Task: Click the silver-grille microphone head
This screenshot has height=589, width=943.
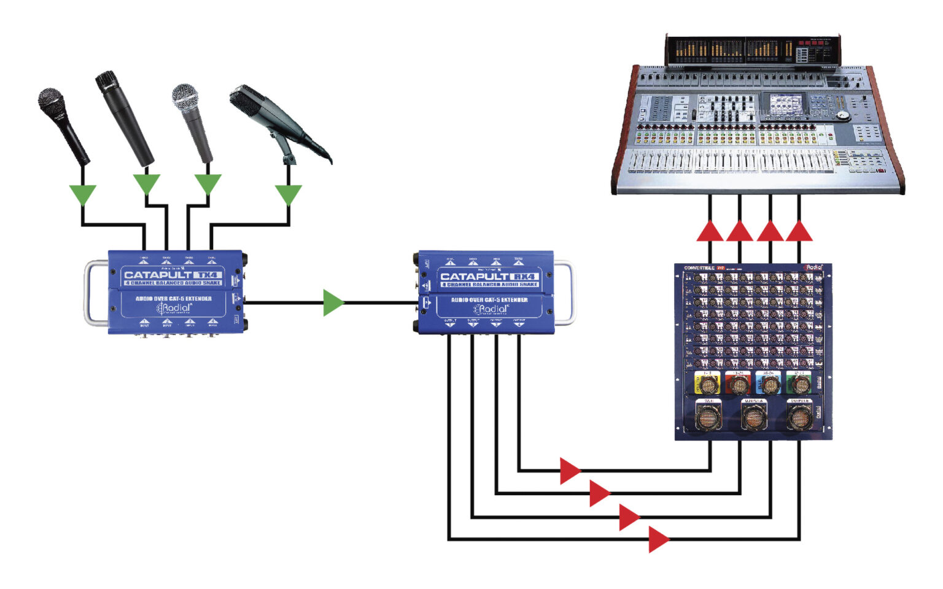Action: (x=185, y=96)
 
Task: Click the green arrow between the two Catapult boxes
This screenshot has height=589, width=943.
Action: (x=333, y=302)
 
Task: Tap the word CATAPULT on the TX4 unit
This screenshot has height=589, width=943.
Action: (x=158, y=274)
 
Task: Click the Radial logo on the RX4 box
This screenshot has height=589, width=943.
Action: (x=491, y=309)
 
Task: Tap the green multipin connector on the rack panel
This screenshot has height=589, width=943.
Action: (x=800, y=384)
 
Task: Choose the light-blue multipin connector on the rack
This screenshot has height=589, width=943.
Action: (x=769, y=384)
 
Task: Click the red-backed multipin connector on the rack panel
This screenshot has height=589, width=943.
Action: (x=739, y=384)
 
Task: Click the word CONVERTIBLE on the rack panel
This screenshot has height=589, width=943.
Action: (x=699, y=268)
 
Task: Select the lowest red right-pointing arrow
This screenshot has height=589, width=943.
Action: (x=659, y=539)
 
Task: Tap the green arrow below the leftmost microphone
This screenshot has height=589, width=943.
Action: (x=83, y=194)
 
